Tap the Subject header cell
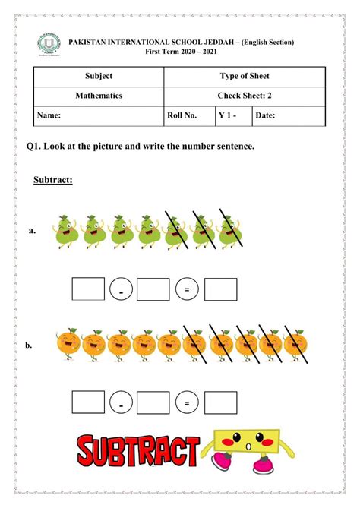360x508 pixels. [99, 76]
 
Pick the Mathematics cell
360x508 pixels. [99, 96]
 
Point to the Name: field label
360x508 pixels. [48, 115]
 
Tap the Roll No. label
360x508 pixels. [182, 115]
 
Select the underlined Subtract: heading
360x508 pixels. [52, 181]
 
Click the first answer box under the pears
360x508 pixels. [87, 289]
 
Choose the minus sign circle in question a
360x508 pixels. [121, 290]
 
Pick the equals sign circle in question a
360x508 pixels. [187, 290]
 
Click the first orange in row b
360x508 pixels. [69, 344]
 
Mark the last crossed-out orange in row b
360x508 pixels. [293, 344]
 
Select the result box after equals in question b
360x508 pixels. [220, 402]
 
